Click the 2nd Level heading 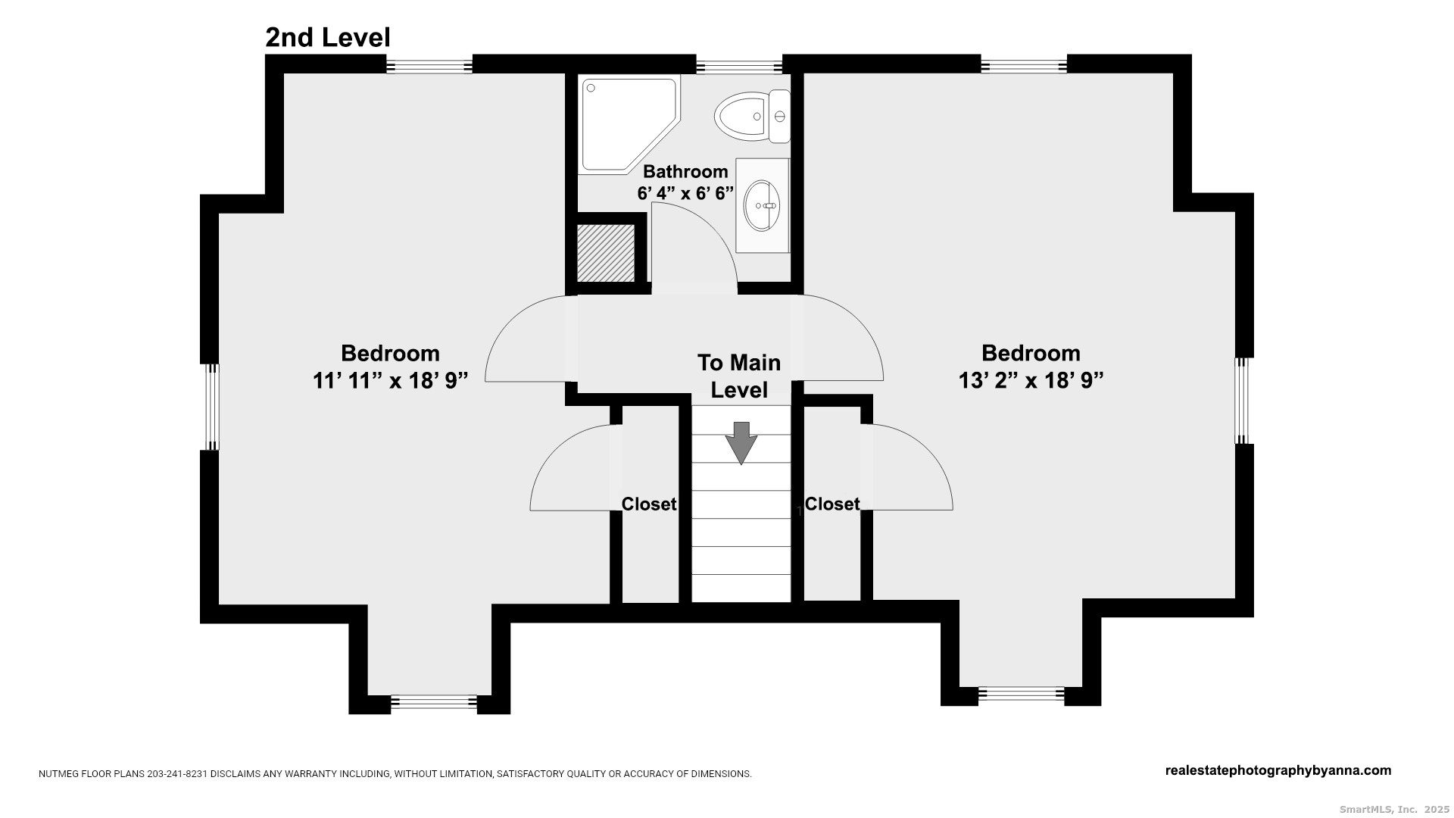327,37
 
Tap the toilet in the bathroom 752,116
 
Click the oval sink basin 762,205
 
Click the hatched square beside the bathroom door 606,253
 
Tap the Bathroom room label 685,172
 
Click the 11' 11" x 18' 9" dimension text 390,380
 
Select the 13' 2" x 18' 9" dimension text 1031,380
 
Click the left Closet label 649,504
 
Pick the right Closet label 832,504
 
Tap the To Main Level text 739,376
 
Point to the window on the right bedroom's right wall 1242,401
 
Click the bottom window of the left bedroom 434,702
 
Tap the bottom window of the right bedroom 1022,694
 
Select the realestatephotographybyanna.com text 1278,771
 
